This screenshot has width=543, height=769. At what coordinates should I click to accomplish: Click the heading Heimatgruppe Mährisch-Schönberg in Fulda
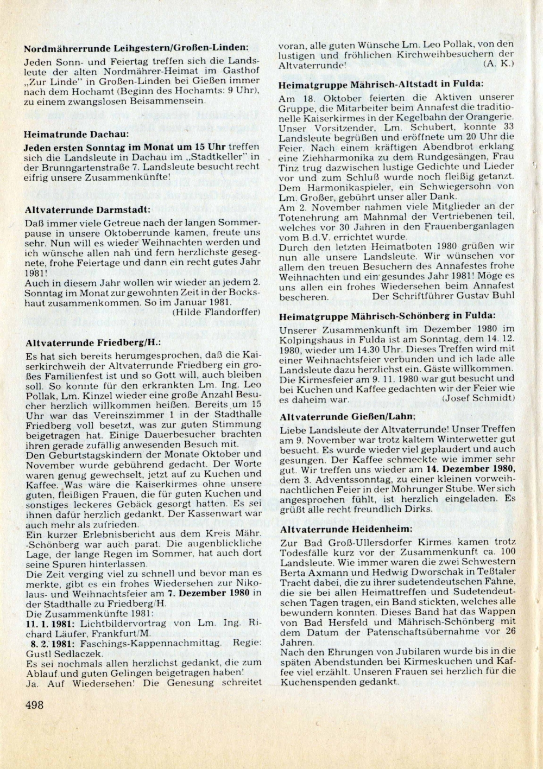(387, 315)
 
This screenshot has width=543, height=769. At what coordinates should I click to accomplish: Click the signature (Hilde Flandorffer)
(216, 312)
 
